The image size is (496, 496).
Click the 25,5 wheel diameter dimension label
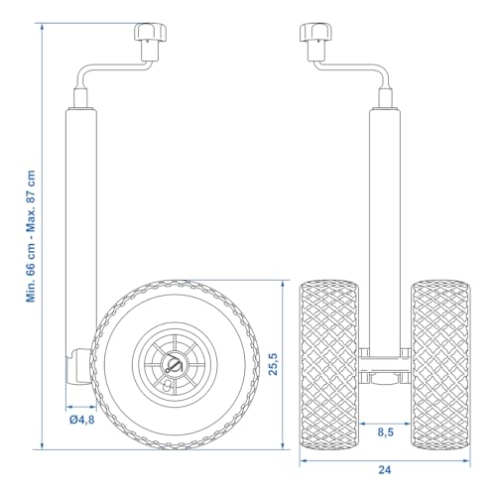274,364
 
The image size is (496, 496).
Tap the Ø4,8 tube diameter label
82,420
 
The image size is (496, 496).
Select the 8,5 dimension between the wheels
385,432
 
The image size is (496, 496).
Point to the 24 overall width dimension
385,469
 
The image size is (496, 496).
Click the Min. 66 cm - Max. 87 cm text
31,236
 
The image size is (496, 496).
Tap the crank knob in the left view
150,33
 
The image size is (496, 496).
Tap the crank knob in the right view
315,33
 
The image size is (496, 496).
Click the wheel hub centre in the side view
175,364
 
